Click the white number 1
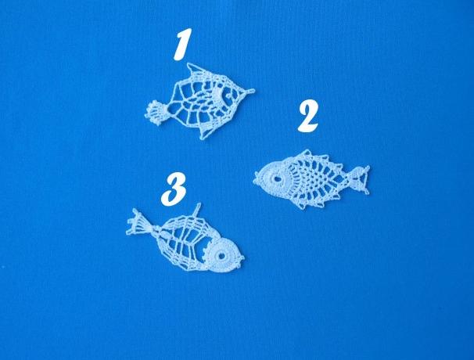(x=182, y=44)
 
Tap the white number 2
(x=308, y=117)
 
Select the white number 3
(x=174, y=189)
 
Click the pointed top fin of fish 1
(x=193, y=70)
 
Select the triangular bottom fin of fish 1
(x=208, y=131)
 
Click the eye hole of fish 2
(x=277, y=178)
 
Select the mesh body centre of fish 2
(x=314, y=178)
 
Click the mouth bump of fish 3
(x=242, y=260)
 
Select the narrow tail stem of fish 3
(x=155, y=230)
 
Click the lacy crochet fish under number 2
(x=311, y=179)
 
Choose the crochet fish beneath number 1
(x=199, y=101)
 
